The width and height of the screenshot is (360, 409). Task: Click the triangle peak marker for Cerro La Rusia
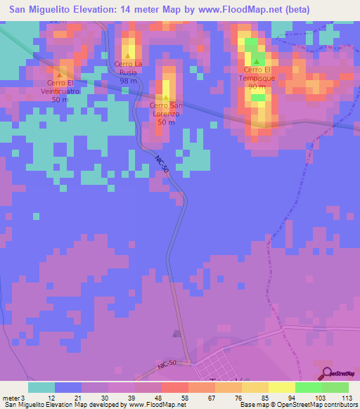128,56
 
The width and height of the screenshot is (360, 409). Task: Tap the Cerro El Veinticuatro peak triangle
60,74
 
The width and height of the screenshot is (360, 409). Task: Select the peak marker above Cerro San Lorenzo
166,98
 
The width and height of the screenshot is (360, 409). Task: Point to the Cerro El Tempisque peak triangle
257,62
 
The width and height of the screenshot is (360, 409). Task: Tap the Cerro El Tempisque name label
257,74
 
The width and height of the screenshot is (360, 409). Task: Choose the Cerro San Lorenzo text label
166,109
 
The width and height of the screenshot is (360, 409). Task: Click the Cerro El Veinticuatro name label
60,87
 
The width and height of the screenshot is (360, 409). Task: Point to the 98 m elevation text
128,81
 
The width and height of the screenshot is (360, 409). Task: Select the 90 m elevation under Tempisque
257,86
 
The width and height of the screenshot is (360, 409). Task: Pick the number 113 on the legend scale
347,396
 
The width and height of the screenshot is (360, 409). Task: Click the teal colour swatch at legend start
41,387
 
